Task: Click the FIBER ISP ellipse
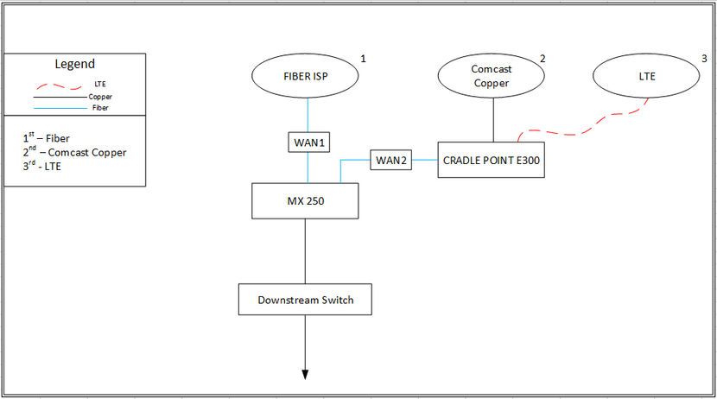pos(307,76)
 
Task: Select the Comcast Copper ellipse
pos(490,76)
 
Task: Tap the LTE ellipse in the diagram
pos(647,76)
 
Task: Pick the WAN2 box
pos(390,161)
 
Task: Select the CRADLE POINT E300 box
pos(492,160)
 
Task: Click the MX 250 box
pos(305,201)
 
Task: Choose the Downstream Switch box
pos(305,301)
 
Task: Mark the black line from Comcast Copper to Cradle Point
pos(492,118)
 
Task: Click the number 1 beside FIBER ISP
pos(363,59)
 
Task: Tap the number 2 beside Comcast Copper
pos(543,59)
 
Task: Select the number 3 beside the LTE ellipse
pos(703,59)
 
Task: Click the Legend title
pos(75,64)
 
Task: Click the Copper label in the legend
pos(100,97)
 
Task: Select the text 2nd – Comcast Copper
pos(74,152)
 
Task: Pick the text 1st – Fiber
pos(47,137)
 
